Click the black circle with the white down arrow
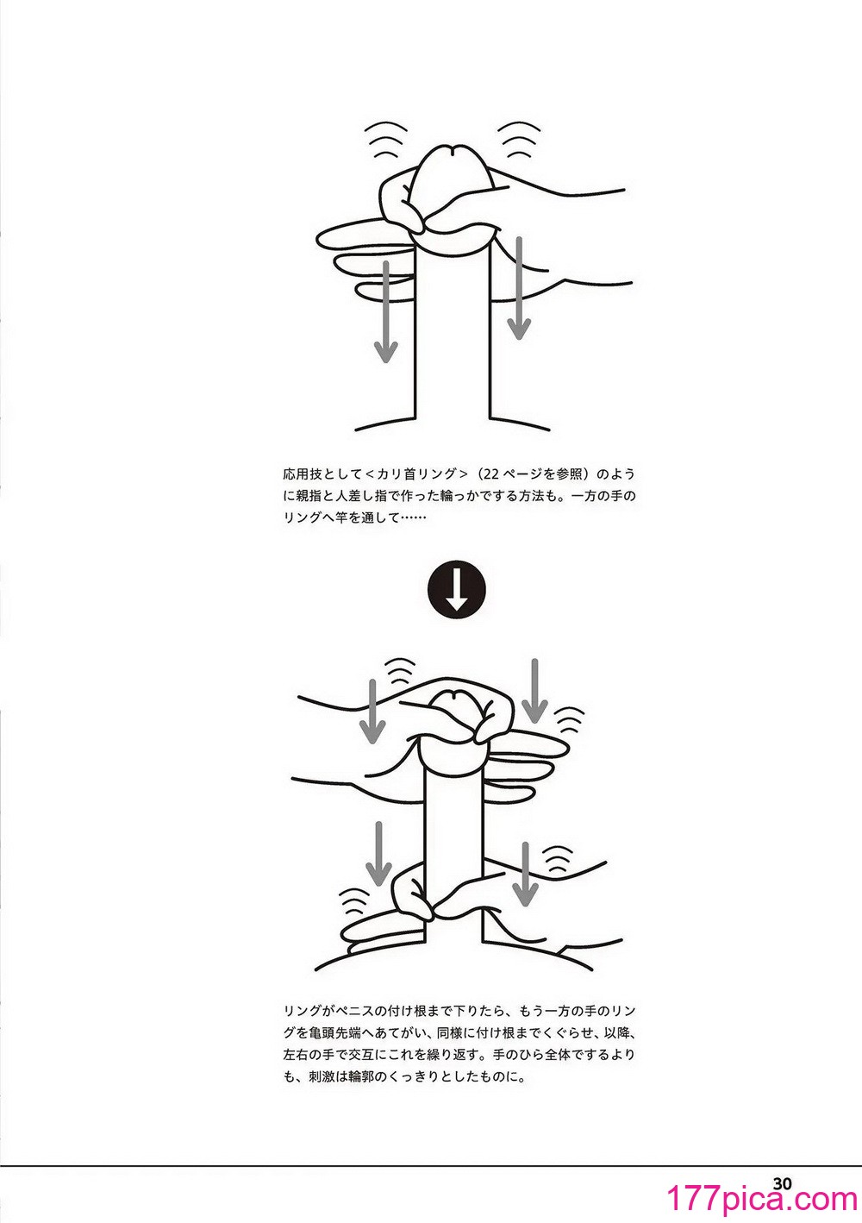tap(456, 590)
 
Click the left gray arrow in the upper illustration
tap(385, 311)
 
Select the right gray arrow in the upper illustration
tap(519, 288)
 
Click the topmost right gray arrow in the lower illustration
tap(534, 691)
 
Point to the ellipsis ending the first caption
tap(413, 518)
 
